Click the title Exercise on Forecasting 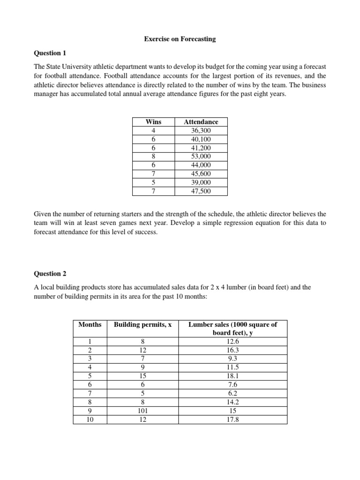tap(180, 39)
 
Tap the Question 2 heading tap(47, 273)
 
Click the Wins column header tap(153, 122)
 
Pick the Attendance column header tap(201, 122)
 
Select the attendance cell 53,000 tap(201, 157)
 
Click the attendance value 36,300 tap(201, 130)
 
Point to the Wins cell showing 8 tap(153, 157)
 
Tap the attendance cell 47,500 tap(201, 191)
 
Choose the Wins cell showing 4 tap(153, 130)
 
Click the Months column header tap(90, 324)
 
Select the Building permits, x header tap(142, 324)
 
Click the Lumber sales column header tap(232, 329)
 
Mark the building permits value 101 tap(142, 412)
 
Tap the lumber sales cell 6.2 tap(232, 394)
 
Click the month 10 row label tap(90, 420)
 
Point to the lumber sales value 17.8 tap(232, 420)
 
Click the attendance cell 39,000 tap(201, 182)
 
